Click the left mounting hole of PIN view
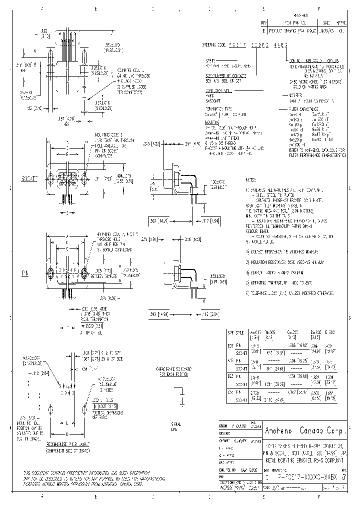click(x=50, y=274)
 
